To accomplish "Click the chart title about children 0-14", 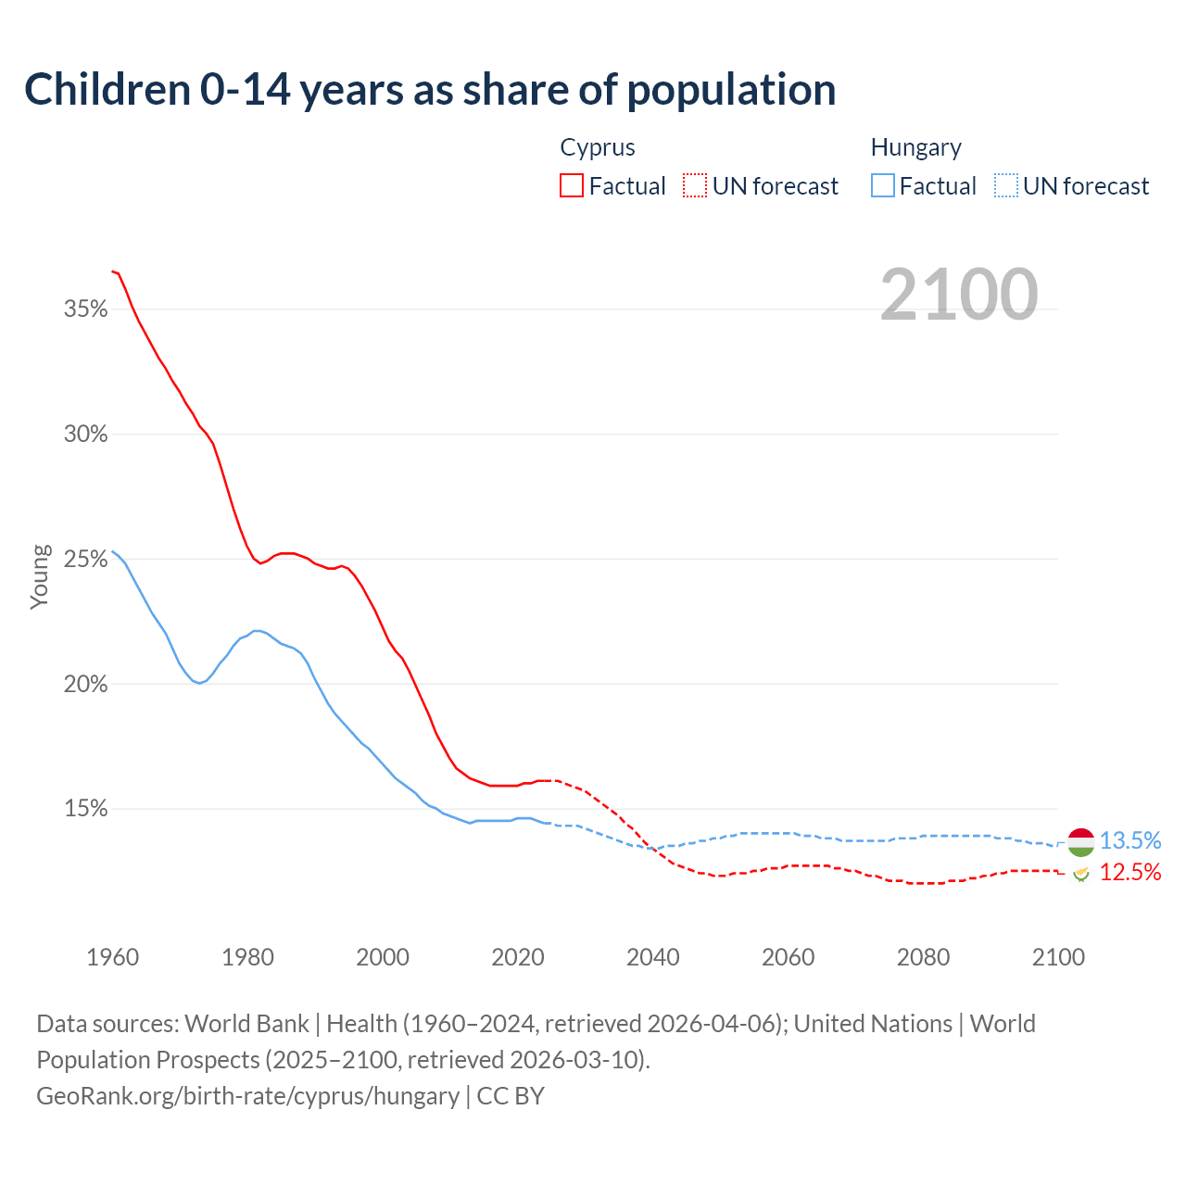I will pos(430,90).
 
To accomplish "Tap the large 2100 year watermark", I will pos(959,295).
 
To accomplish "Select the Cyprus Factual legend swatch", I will pos(572,186).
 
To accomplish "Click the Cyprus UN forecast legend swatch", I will pos(695,186).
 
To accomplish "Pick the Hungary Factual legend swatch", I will pos(883,186).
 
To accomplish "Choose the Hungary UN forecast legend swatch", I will pos(1006,186).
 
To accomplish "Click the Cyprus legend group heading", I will pos(598,148).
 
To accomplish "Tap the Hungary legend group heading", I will pos(915,148).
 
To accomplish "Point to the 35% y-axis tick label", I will pos(86,309).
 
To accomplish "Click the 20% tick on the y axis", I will pos(86,685).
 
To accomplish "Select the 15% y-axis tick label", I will pos(86,809).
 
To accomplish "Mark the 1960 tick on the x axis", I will pos(112,957).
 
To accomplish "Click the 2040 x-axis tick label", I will pos(652,957).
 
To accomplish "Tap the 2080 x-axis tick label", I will pos(923,957).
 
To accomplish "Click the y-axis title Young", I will pos(40,576).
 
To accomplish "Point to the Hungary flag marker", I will pos(1080,841).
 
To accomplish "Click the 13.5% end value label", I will pos(1130,840).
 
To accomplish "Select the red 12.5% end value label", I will pos(1130,872).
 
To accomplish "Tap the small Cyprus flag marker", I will pos(1080,873).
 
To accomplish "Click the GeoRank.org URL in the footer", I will pos(247,1096).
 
